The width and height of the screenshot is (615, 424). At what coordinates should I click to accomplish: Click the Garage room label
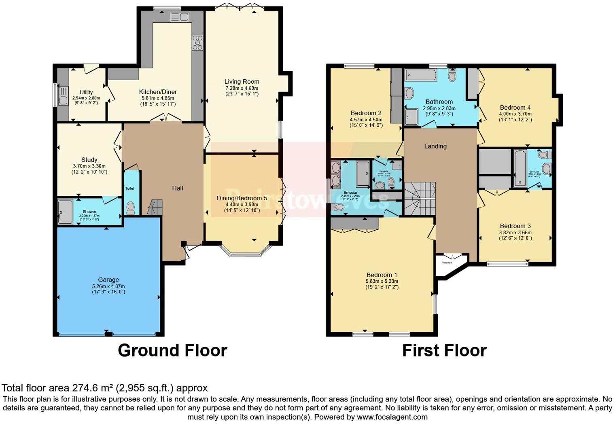[x=108, y=280]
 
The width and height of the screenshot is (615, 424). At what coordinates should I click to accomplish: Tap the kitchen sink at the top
[x=180, y=17]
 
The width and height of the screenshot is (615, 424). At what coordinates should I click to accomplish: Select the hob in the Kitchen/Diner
[x=197, y=42]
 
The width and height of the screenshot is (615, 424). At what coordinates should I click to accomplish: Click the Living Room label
[x=242, y=82]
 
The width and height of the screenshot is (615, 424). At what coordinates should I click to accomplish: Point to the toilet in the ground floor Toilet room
[x=131, y=208]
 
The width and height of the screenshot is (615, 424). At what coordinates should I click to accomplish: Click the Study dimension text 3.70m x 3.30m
[x=89, y=166]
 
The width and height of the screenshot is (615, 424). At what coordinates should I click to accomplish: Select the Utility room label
[x=86, y=92]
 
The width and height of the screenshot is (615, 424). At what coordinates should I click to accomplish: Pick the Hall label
[x=177, y=188]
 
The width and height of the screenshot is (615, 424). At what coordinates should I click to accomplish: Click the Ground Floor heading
[x=172, y=350]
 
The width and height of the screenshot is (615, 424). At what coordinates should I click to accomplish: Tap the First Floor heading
[x=444, y=350]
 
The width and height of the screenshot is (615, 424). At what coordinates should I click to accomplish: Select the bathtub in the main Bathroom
[x=421, y=75]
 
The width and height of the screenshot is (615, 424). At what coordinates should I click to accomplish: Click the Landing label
[x=435, y=146]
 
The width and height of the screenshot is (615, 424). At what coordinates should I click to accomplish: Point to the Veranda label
[x=447, y=263]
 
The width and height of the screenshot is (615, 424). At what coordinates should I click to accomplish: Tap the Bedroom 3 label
[x=515, y=226]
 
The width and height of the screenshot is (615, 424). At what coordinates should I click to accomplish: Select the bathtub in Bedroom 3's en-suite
[x=520, y=168]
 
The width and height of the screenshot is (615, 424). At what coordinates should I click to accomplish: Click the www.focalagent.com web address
[x=392, y=417]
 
